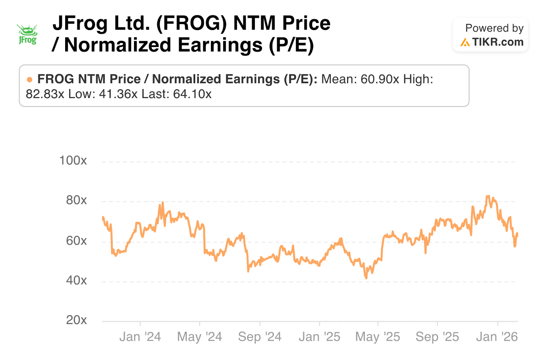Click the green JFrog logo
coord(28,34)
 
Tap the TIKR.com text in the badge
coord(497,42)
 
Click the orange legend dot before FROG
coord(30,80)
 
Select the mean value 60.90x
coord(380,79)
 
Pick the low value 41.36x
coord(118,94)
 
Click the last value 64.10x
coord(192,94)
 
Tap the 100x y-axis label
coord(73,160)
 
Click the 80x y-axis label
coord(76,200)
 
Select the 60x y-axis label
coord(76,241)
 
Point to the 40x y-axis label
coord(76,280)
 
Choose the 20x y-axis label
coord(76,320)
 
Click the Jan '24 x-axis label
coord(140,337)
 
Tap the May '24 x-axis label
coord(199,337)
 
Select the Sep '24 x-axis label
coord(260,337)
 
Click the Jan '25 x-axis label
coord(319,337)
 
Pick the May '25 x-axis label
coord(377,337)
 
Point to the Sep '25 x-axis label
coord(437,337)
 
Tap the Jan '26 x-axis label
coord(497,337)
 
